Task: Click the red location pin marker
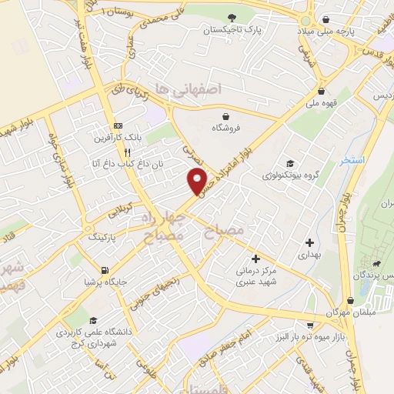pos(198,182)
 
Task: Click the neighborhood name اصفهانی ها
pos(188,89)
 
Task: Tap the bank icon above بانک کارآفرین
pos(117,125)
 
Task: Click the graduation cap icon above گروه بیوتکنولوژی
pos(289,163)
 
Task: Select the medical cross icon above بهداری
pos(309,242)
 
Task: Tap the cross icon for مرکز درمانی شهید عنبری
pos(255,259)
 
